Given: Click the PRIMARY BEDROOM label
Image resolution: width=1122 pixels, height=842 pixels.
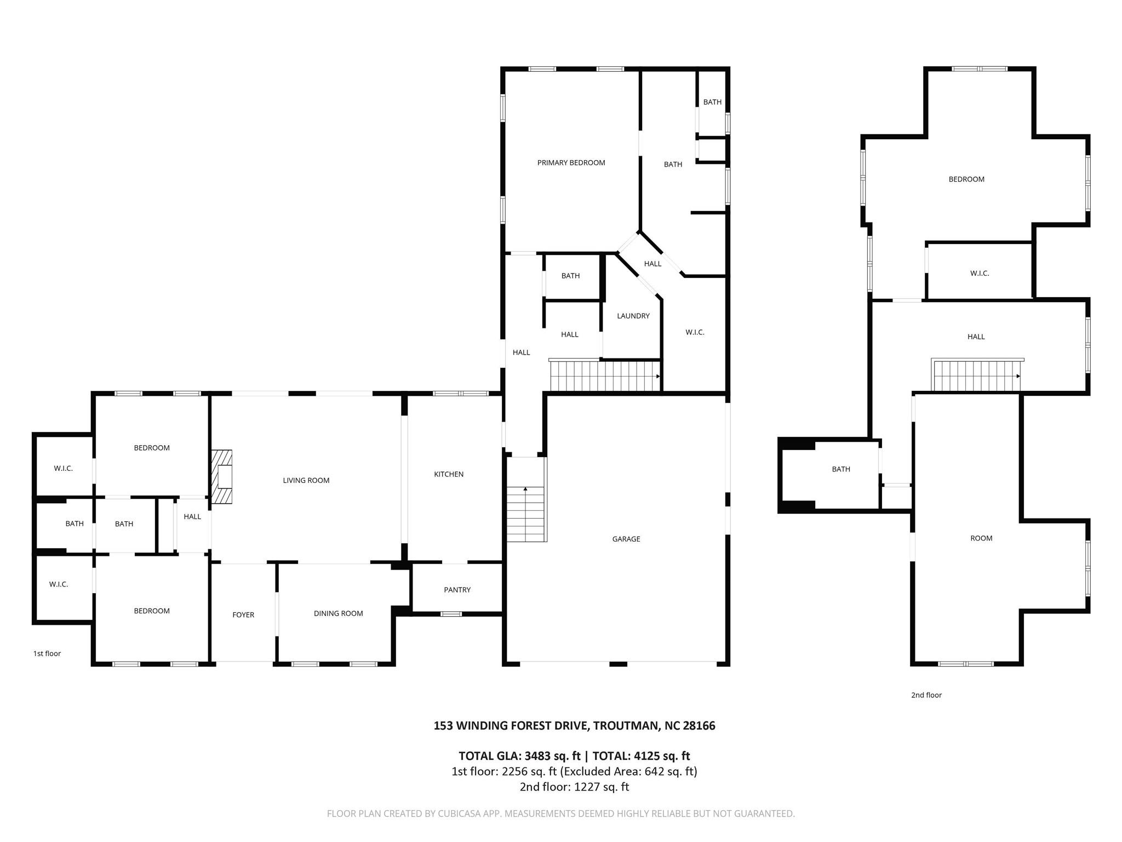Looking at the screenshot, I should click(571, 163).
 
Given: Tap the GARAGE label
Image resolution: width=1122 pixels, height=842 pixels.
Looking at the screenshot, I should click(626, 539).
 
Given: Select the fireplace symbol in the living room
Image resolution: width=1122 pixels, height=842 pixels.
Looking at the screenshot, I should click(222, 477).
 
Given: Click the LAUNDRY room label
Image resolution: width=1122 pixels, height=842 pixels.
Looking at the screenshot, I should click(633, 316).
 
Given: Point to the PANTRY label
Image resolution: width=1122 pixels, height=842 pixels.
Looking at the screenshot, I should click(457, 590).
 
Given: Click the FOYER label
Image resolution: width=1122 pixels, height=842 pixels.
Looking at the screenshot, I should click(243, 615).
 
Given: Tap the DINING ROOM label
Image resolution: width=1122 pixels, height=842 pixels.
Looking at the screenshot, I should click(338, 613).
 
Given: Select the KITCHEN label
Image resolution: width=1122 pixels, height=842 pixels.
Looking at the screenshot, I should click(449, 474).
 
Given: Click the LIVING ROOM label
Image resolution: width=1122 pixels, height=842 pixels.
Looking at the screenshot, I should click(306, 480).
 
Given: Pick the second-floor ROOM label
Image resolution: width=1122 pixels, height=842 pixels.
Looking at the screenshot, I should click(981, 538).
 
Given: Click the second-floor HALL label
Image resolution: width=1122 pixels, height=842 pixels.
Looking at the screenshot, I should click(976, 337).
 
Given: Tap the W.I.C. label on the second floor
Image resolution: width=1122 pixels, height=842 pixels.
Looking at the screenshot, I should click(979, 273).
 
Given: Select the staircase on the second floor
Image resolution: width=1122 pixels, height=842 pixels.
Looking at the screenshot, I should click(976, 376).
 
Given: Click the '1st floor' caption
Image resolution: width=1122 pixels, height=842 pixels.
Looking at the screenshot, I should click(47, 653).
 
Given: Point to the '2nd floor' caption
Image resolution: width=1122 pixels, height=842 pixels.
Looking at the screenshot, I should click(926, 695).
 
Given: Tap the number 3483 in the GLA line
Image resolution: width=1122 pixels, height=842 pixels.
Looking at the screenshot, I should click(537, 756).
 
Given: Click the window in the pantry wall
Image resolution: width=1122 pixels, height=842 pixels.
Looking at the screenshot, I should click(451, 614).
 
